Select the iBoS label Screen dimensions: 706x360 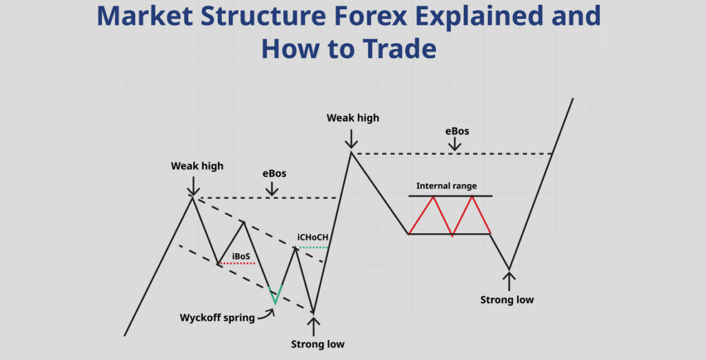point(241,257)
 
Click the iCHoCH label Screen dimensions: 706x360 point(312,237)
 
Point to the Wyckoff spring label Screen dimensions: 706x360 point(217,318)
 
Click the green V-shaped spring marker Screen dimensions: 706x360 point(275,294)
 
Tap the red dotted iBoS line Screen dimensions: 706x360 point(237,263)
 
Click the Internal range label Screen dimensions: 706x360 point(446,186)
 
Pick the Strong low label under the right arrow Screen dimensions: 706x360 point(507,299)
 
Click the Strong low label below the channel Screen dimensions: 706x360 point(317,344)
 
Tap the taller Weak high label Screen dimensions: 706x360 point(353,118)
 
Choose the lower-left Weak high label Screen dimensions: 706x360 point(197,166)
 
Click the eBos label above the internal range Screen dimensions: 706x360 point(457,131)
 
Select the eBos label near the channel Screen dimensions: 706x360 point(274,174)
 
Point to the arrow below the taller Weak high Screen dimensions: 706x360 point(351,139)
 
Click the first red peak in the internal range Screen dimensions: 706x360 point(434,197)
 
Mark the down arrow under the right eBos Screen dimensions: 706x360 point(455,143)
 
